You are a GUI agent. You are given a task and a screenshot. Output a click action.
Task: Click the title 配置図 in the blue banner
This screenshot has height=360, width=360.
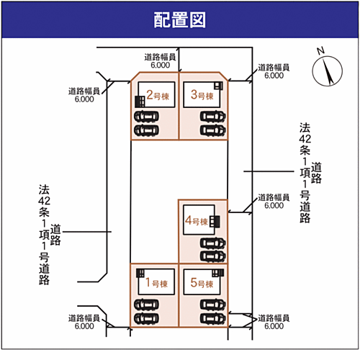pos(179,20)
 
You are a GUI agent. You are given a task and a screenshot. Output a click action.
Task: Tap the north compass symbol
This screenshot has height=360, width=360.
pos(327,71)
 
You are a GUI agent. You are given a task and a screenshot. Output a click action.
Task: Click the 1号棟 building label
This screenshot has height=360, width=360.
pos(156,283)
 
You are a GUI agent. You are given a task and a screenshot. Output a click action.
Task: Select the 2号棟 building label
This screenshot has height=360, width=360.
pos(158,95)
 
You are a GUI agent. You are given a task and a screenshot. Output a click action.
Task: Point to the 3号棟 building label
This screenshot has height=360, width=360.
pos(202,95)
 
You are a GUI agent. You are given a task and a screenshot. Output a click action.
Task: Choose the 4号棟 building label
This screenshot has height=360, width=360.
pos(197,220)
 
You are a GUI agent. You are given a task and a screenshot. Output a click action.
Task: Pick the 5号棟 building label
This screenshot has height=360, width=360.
pos(202,283)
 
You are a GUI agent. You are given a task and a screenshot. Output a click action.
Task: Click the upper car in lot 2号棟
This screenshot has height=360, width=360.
pos(146,117)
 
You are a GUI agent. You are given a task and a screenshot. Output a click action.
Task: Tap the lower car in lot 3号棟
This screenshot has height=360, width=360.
pos(213,130)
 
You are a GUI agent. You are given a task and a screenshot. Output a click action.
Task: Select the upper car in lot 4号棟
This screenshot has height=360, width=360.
pos(213,243)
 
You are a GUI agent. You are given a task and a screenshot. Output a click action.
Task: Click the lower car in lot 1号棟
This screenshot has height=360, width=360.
pos(146,318)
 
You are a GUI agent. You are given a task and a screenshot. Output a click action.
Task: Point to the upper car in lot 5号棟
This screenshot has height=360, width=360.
pos(213,305)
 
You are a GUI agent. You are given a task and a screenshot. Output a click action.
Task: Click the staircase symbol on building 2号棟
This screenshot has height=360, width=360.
pos(140,102)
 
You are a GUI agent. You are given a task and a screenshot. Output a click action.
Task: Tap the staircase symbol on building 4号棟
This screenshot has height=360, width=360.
pos(215,222)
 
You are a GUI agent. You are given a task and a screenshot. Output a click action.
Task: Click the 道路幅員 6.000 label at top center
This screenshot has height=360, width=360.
pos(160,61)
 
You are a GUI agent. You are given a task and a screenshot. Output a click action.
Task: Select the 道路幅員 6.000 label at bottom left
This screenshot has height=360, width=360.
pos(84,322)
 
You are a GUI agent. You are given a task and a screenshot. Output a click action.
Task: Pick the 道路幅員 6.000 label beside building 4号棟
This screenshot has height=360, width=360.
pos(274,202)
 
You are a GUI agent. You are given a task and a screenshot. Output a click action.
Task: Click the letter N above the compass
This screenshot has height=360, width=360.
pos(320,51)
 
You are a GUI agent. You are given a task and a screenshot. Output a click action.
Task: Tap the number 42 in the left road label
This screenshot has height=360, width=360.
pos(44,201)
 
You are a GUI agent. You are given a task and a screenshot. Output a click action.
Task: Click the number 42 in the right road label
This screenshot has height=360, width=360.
pos(305,139)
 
